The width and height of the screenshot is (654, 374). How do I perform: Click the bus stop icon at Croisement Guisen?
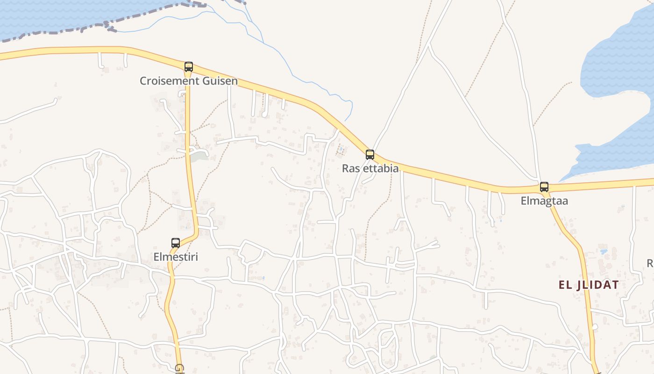tap(189, 66)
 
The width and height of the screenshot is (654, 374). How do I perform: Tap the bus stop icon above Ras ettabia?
tap(370, 154)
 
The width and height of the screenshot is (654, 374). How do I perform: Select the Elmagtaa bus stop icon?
tap(544, 187)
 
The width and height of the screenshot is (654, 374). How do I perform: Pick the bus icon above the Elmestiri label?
tap(176, 243)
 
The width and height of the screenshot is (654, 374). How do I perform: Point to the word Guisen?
tap(220, 81)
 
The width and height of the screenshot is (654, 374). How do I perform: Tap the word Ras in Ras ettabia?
tap(350, 168)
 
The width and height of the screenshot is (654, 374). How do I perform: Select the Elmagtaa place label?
tap(544, 201)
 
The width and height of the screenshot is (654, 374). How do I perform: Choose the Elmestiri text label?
tap(176, 257)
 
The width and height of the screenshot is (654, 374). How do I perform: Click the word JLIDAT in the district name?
tap(598, 285)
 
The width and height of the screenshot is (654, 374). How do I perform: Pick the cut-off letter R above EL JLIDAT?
tap(650, 264)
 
